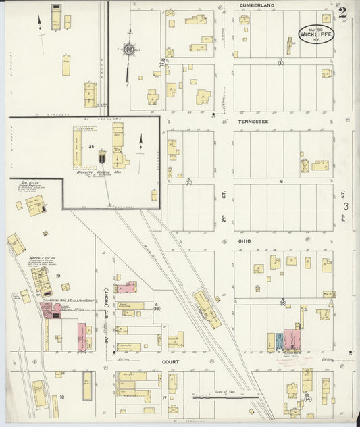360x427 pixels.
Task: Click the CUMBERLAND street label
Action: click(257, 5)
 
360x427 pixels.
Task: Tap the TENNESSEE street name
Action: click(253, 121)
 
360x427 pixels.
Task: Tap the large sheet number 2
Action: click(344, 12)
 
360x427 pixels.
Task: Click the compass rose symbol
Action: click(128, 49)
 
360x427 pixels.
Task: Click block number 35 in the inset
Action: click(91, 146)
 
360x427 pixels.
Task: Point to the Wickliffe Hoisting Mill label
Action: click(93, 172)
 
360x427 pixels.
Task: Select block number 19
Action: click(59, 276)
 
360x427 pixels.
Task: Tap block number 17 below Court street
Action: click(164, 398)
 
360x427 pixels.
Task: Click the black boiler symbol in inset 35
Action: click(103, 156)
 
